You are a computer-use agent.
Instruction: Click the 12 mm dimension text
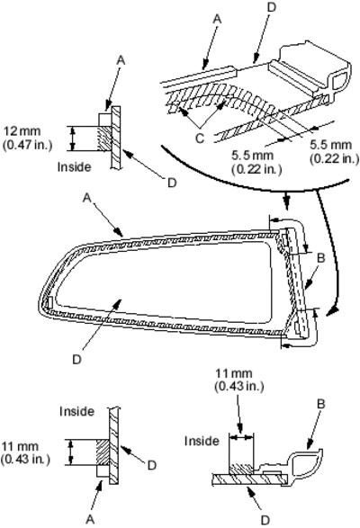[22, 131]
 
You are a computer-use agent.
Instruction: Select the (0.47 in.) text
[27, 146]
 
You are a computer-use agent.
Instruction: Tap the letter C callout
[200, 138]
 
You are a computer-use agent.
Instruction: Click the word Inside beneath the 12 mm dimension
[74, 166]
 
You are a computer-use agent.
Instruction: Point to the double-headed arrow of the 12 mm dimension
[72, 139]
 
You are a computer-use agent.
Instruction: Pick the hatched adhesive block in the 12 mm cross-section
[103, 139]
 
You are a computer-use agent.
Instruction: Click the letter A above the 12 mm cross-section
[121, 60]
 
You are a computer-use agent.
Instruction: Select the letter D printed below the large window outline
[76, 360]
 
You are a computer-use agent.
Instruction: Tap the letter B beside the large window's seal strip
[321, 258]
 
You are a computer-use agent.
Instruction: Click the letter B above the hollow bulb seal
[321, 403]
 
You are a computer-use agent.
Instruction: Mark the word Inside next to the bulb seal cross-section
[202, 441]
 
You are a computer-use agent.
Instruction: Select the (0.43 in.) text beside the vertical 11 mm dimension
[25, 459]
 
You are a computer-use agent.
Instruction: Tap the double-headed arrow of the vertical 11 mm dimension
[70, 452]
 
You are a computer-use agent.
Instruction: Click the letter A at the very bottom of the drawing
[90, 520]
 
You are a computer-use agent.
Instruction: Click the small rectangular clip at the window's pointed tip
[49, 301]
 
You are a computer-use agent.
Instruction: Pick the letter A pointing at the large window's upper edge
[87, 198]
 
